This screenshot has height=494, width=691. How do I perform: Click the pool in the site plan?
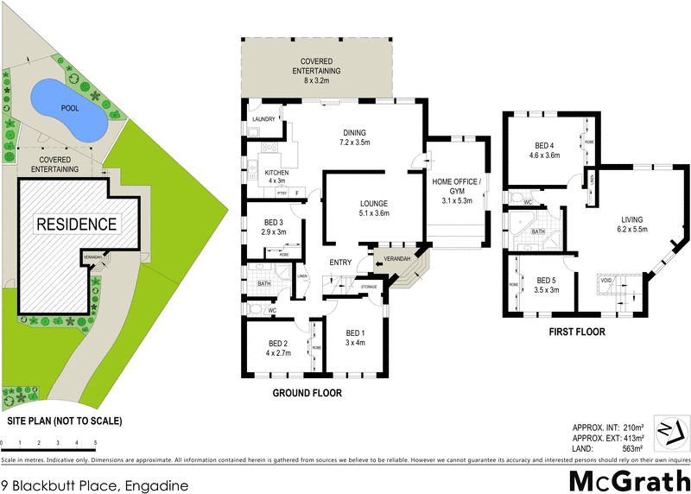click(x=68, y=111)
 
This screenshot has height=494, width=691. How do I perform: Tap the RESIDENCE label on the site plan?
click(x=76, y=224)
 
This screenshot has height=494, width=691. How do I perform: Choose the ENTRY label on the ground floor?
click(x=339, y=263)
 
